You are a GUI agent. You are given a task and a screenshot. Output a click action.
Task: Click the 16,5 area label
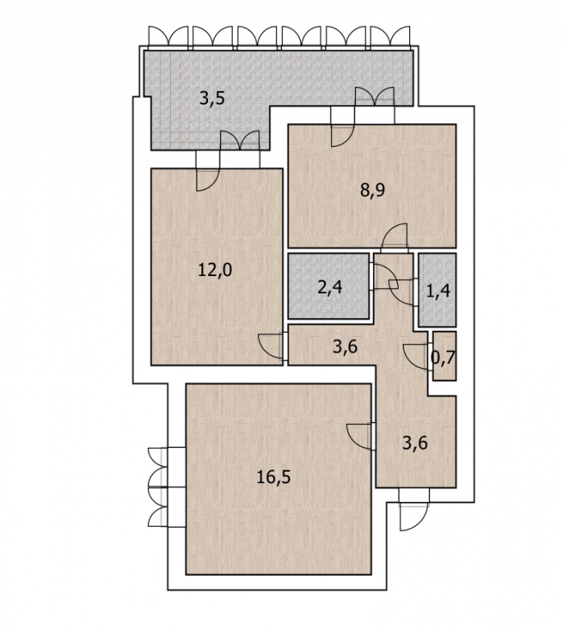tap(273, 477)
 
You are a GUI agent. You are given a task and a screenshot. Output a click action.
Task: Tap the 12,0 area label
tap(215, 269)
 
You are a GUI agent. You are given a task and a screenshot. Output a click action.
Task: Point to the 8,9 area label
tap(372, 190)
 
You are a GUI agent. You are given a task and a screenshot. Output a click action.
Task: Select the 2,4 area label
tap(330, 287)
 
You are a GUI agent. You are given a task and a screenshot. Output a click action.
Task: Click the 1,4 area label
tap(438, 291)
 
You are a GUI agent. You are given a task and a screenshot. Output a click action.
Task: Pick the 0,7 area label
tap(443, 357)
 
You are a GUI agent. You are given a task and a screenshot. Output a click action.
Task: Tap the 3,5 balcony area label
tap(212, 98)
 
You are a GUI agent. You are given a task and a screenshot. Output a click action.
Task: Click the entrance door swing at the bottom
tap(413, 517)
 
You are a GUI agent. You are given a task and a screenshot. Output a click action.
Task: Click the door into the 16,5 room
tap(359, 435)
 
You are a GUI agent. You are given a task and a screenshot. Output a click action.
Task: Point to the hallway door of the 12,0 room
tap(271, 347)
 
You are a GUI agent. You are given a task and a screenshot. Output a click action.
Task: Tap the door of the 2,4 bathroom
tap(385, 276)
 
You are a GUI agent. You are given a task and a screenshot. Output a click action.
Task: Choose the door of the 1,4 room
tap(401, 292)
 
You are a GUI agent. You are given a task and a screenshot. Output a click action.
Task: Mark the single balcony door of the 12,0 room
tap(208, 179)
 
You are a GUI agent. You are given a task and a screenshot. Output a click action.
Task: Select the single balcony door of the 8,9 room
tap(343, 136)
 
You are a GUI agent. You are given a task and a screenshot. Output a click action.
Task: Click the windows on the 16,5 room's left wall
tap(158, 487)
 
